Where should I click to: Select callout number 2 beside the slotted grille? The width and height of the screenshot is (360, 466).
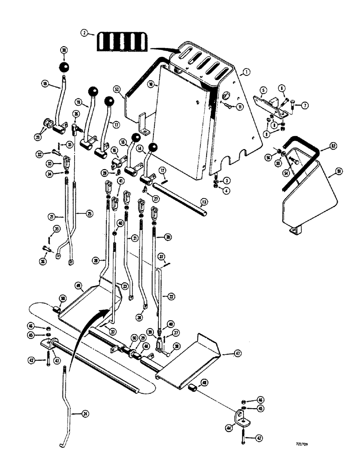coord(84,33)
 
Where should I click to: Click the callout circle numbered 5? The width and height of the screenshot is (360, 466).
coord(263,90)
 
